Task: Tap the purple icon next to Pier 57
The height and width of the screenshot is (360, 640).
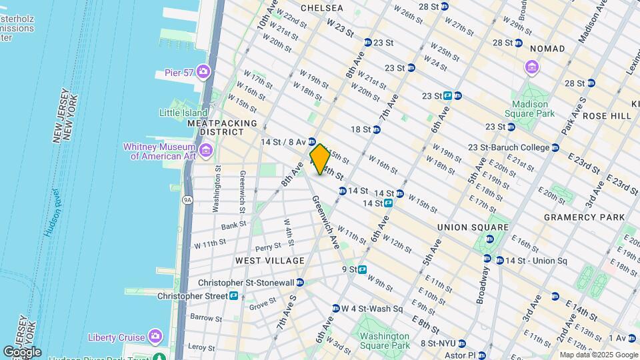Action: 203,72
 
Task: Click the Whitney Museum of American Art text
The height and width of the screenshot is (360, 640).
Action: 158,151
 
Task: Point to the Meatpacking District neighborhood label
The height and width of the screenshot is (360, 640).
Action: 222,128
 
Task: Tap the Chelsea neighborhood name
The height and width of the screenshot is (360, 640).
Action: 322,8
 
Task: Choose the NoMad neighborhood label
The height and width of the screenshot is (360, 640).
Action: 547,49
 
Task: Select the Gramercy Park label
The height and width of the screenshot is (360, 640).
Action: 584,217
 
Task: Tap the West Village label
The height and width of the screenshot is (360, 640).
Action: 269,261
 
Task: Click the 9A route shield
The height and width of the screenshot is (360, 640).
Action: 187,199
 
